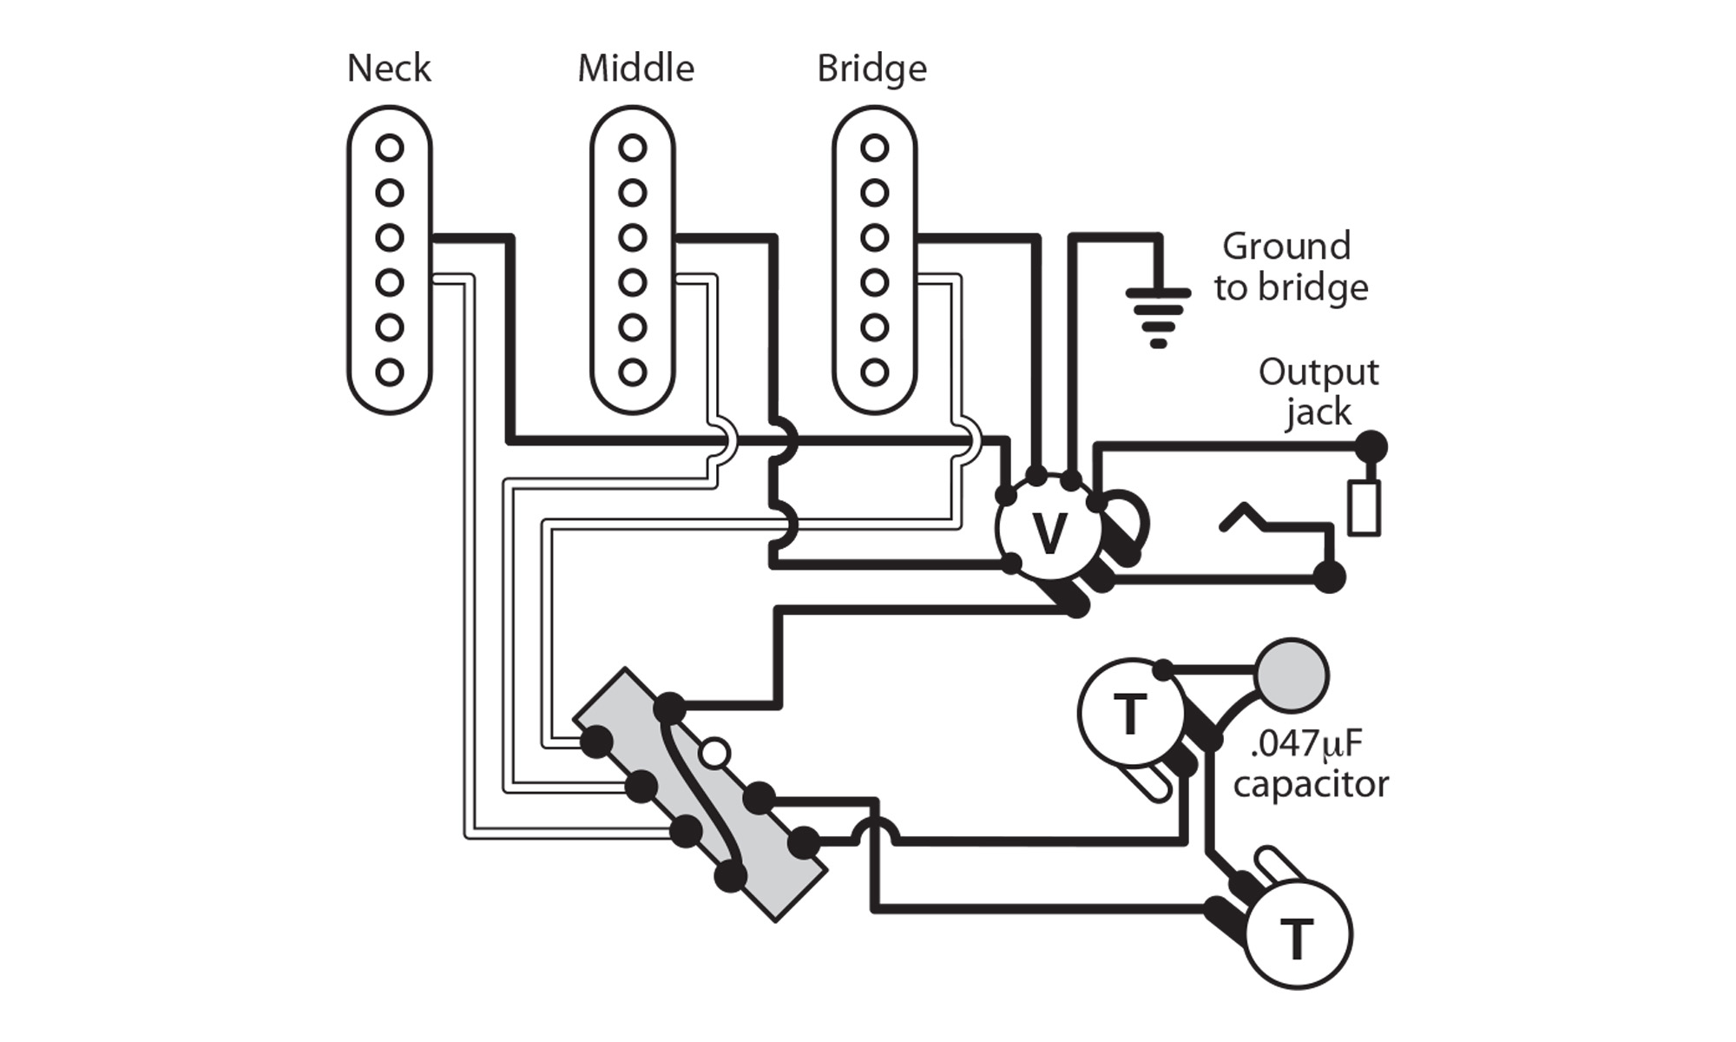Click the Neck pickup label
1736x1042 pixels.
click(x=389, y=69)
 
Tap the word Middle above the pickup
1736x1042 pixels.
click(x=635, y=69)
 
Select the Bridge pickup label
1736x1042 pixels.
click(x=871, y=69)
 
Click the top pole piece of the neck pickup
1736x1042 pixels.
click(x=390, y=148)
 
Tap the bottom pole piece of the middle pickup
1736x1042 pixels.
click(x=633, y=373)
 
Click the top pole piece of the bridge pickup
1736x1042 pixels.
click(x=874, y=148)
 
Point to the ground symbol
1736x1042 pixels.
click(x=1158, y=316)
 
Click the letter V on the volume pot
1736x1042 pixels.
click(x=1049, y=533)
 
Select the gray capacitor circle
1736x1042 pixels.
click(x=1292, y=676)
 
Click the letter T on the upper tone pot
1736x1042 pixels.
click(x=1129, y=715)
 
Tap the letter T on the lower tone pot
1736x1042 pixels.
click(x=1297, y=939)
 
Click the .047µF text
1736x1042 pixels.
click(x=1306, y=744)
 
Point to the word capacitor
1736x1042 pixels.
click(x=1311, y=785)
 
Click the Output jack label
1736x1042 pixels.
click(x=1318, y=392)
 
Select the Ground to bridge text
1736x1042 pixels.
click(x=1291, y=267)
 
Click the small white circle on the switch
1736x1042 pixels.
click(x=714, y=753)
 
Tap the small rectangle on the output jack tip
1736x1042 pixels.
click(x=1364, y=508)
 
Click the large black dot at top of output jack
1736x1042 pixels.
click(x=1371, y=447)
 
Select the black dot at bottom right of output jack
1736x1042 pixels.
click(x=1329, y=577)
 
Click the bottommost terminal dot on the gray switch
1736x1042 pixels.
click(x=730, y=877)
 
